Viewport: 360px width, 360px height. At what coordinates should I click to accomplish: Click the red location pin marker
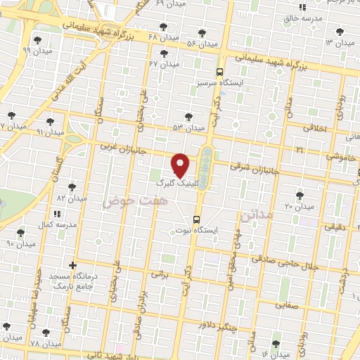click(x=181, y=165)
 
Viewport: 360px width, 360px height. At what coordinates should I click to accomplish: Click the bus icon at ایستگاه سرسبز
click(x=220, y=72)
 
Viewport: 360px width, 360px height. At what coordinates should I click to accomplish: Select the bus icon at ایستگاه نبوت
click(x=196, y=219)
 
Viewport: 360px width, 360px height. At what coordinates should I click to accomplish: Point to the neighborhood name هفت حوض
click(x=127, y=202)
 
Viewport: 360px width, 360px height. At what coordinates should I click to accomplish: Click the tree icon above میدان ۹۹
click(x=28, y=39)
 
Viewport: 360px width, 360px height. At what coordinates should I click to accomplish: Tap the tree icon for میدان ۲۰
click(x=300, y=195)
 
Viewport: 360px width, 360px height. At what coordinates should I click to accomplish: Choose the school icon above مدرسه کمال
click(x=60, y=213)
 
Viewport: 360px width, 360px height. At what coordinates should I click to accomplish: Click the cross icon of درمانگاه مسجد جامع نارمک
click(x=72, y=265)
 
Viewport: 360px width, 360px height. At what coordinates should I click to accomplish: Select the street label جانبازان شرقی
click(x=255, y=169)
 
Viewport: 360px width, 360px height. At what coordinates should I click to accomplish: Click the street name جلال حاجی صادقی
click(x=309, y=265)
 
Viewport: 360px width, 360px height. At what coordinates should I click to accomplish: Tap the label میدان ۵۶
click(x=201, y=44)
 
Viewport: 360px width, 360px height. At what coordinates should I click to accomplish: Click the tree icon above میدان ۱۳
click(x=341, y=31)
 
